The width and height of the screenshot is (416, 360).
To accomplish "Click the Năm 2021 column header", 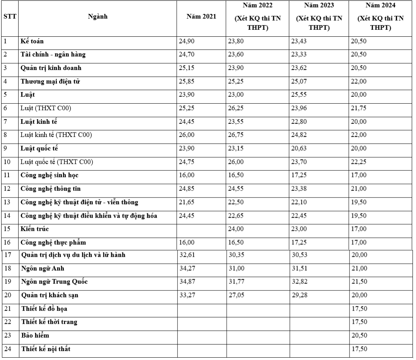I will click(201, 17).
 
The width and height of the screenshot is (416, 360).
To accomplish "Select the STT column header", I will click(9, 17).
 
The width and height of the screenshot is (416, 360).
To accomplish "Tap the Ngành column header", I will click(98, 17).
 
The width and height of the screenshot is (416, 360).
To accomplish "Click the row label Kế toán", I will click(32, 41).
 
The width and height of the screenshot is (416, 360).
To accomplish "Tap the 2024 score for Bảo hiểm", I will click(359, 335).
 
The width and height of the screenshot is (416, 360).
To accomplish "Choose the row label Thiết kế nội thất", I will click(46, 349).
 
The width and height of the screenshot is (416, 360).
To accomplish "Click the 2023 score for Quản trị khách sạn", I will click(300, 295).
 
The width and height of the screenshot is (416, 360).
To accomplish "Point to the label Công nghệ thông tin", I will click(50, 189).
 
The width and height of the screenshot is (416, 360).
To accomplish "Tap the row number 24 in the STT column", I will click(7, 349).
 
